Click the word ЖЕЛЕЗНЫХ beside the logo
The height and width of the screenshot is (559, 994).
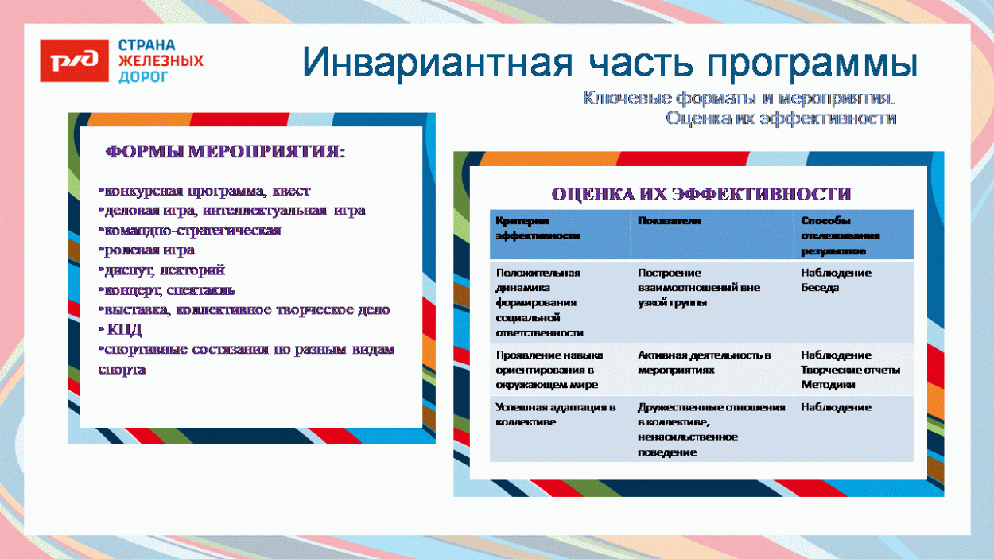click(x=160, y=60)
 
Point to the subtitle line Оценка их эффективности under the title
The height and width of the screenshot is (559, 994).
click(x=781, y=118)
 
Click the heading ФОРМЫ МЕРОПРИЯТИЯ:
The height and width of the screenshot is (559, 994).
click(x=226, y=152)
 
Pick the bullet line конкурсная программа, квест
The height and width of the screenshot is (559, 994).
click(x=204, y=192)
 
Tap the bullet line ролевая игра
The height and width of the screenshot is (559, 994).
click(x=146, y=250)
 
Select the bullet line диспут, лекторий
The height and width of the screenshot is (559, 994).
click(x=161, y=270)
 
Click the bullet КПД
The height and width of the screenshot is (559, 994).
click(x=124, y=330)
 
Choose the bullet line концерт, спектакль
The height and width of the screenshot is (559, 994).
click(x=166, y=290)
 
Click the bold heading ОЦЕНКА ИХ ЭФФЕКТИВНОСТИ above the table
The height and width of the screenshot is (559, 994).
click(x=701, y=194)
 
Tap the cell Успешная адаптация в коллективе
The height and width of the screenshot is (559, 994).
click(x=555, y=415)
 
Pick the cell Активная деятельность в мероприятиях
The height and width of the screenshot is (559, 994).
click(x=704, y=363)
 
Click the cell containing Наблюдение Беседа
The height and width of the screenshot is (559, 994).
click(x=836, y=280)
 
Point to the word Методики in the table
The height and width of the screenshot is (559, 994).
click(x=828, y=385)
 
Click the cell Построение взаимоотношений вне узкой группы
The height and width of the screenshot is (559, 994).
click(x=698, y=287)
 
